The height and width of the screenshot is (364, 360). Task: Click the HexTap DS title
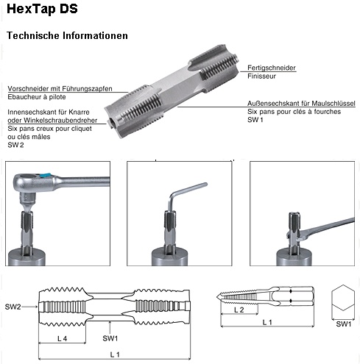42,9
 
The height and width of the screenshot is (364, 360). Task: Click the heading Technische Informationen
67,35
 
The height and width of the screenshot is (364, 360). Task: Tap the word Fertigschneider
272,68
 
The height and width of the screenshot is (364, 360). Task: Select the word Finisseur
261,76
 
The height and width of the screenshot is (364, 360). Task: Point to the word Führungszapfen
87,88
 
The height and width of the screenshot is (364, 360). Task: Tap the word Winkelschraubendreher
60,121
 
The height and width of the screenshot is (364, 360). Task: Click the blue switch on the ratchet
46,175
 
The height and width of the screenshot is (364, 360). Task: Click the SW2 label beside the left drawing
13,307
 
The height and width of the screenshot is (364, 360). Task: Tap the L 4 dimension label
62,338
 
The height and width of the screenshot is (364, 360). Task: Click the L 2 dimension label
239,310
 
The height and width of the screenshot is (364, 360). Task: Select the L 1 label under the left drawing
115,354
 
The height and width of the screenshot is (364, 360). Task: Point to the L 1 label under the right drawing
267,322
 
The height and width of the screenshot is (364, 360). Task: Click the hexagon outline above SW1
343,285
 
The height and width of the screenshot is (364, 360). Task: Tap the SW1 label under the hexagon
344,324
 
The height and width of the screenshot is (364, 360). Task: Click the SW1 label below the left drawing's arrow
110,338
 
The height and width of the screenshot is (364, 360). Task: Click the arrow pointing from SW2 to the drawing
29,307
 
